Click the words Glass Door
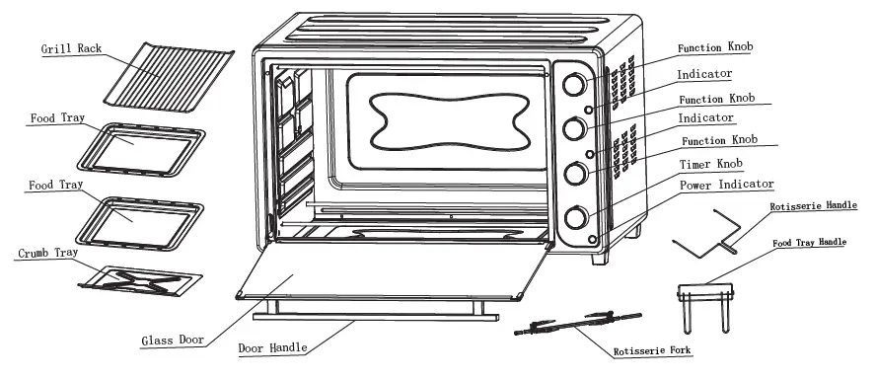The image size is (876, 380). (172, 340)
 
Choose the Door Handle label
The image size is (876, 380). (272, 347)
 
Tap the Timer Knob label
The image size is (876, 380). (709, 164)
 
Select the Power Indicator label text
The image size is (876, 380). (724, 185)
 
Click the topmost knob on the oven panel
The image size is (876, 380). (573, 85)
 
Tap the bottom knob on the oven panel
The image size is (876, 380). (573, 217)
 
